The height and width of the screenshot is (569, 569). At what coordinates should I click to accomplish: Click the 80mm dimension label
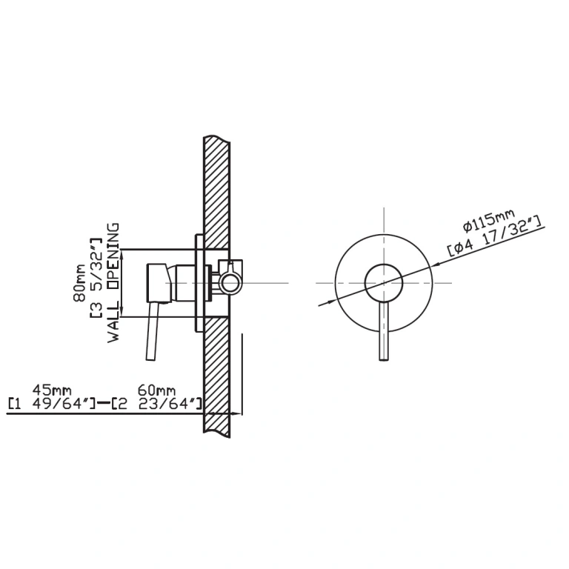click(79, 283)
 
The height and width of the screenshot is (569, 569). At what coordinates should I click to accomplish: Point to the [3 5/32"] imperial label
click(96, 279)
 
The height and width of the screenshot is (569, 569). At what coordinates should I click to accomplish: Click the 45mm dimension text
click(52, 390)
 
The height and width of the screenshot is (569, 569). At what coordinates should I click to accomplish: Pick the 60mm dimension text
click(157, 390)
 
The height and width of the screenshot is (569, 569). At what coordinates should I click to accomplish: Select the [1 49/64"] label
click(52, 404)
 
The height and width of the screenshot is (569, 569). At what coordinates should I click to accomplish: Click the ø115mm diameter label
click(489, 220)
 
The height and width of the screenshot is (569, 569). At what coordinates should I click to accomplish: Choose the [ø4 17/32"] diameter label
click(494, 236)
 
